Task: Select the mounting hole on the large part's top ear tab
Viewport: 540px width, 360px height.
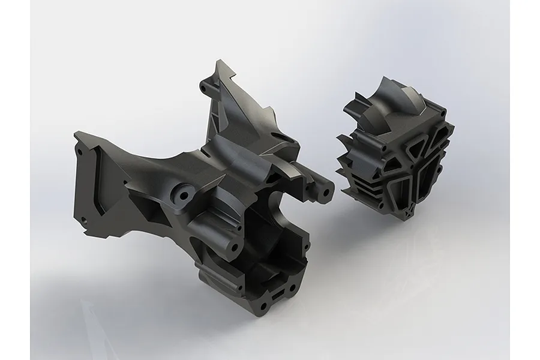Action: pyautogui.click(x=208, y=88)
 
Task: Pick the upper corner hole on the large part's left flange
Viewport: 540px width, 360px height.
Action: pyautogui.click(x=79, y=152)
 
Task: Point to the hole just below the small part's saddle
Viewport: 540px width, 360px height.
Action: pyautogui.click(x=382, y=146)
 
